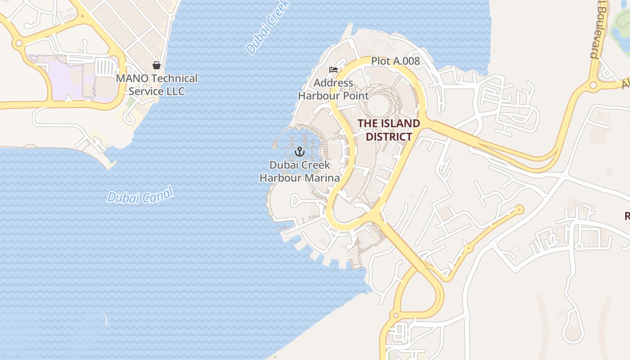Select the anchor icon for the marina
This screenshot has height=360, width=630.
299,152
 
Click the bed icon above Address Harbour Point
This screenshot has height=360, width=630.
333,70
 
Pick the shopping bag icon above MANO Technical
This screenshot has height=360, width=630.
157,66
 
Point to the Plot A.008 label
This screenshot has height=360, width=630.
395,61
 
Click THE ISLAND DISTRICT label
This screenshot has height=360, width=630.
389,130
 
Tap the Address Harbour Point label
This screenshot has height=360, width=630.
333,89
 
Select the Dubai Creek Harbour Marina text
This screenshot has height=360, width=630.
300,171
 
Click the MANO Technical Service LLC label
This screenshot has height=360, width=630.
157,85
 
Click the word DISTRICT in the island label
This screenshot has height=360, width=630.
389,137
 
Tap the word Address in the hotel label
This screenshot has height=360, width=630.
333,83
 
